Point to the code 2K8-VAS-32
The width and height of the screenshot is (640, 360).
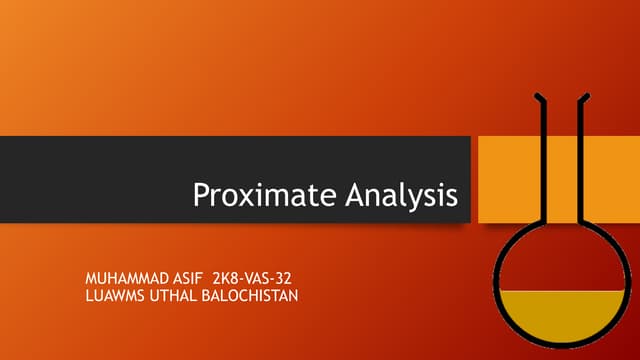tap(260, 274)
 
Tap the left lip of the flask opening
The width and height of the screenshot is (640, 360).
tap(539, 97)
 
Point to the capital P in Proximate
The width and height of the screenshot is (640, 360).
tap(201, 194)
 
